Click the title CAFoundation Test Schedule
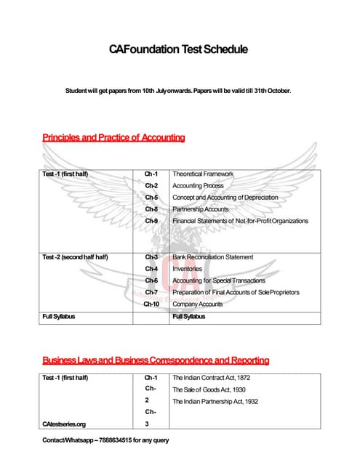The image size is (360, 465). click(179, 50)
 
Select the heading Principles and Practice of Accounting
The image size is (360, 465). click(113, 137)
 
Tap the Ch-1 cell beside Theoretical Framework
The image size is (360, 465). click(151, 174)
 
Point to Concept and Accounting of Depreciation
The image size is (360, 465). click(220, 198)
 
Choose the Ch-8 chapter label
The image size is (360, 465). click(151, 209)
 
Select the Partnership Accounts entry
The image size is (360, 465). click(200, 209)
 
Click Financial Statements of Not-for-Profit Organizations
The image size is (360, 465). click(240, 221)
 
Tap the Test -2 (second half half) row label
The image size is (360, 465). click(75, 257)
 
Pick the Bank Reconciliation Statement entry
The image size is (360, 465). click(213, 257)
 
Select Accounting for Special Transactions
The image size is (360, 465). click(218, 280)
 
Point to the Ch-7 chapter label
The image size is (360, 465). click(151, 292)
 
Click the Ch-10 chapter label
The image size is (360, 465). click(151, 304)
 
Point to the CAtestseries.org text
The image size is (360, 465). click(64, 424)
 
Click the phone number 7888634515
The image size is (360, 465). click(108, 441)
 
